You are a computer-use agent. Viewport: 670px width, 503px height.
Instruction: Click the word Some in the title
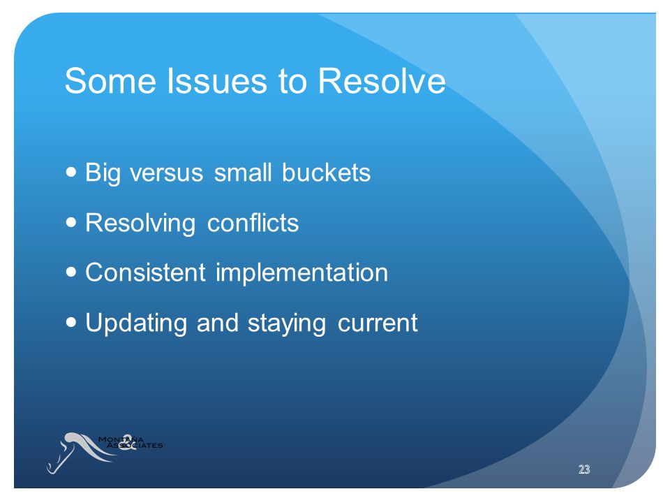110,80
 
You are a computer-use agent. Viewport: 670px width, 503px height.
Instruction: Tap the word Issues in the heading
217,80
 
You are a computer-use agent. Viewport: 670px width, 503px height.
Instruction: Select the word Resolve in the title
382,80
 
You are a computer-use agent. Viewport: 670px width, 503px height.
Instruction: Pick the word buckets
326,173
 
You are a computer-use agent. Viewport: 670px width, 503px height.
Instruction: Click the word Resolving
140,224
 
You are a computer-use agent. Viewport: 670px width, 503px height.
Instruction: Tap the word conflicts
253,223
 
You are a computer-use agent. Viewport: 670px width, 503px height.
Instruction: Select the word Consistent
146,273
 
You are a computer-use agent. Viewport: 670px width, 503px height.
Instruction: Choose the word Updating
136,323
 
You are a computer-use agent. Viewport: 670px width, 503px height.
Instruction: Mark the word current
378,323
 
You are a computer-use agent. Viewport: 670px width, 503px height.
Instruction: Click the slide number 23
584,469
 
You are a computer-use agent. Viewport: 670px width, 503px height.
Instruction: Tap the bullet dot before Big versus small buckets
71,173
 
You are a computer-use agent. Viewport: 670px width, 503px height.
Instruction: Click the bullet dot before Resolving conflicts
71,222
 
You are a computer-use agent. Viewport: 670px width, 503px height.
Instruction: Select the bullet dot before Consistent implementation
71,272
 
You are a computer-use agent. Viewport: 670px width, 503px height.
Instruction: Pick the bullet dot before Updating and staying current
71,322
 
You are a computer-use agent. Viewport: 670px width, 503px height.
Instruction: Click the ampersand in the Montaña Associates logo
127,442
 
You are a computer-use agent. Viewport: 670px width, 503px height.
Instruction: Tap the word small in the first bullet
243,173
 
